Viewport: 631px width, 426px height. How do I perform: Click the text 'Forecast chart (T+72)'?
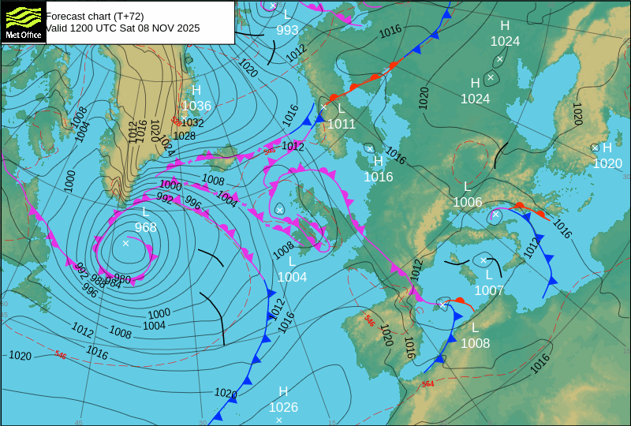95,16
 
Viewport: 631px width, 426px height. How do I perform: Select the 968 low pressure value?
145,227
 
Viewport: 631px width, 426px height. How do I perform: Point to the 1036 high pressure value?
196,106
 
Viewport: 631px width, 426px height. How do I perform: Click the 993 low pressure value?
287,30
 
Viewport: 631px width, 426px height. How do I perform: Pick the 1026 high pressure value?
283,407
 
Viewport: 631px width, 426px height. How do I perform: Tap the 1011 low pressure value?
342,124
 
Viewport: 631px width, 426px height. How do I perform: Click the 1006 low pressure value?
467,202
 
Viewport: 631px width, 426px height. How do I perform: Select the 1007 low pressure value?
489,290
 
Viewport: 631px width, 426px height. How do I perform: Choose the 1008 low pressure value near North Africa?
475,343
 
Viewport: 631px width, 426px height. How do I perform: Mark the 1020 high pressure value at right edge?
607,163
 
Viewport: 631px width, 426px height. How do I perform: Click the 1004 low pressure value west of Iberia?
292,277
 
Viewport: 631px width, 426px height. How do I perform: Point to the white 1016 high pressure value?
378,177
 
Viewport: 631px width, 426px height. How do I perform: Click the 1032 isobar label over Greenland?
192,123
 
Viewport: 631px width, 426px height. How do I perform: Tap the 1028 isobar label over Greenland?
184,136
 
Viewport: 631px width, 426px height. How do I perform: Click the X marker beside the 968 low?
125,243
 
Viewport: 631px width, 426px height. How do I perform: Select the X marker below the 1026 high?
279,420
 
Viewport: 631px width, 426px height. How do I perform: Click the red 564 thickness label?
428,384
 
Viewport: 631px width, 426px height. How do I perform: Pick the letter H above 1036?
196,90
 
